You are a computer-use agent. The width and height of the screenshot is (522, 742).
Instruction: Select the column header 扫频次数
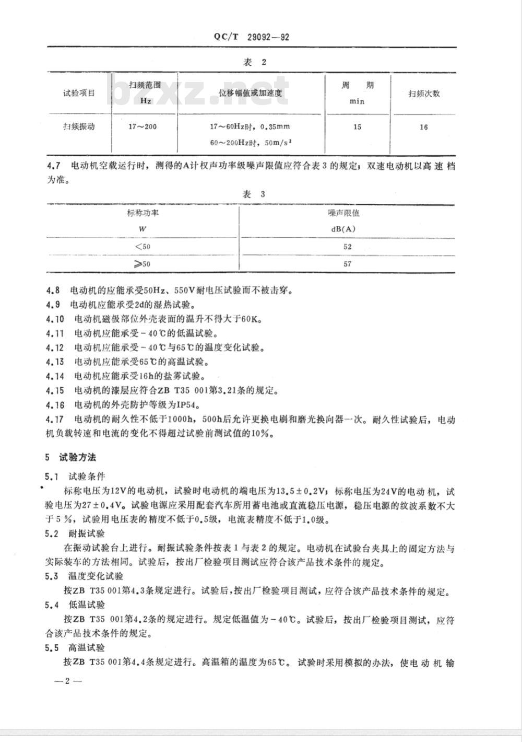424,94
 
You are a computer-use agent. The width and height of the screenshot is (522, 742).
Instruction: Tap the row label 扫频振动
79,126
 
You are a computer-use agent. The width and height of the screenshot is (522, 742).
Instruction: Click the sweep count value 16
423,127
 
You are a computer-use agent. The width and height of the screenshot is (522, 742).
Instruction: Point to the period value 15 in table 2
357,127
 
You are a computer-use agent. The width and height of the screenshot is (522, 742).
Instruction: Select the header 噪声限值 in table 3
343,213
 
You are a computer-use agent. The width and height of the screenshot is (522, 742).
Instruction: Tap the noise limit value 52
348,247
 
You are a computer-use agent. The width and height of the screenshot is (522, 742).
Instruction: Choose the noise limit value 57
348,264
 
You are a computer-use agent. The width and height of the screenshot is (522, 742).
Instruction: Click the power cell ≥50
142,264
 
